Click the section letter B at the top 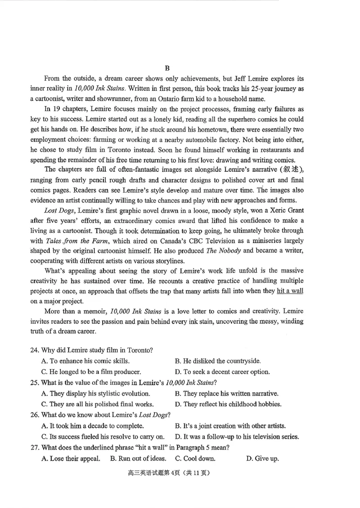click(167, 68)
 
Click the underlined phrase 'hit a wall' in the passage click(290, 290)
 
